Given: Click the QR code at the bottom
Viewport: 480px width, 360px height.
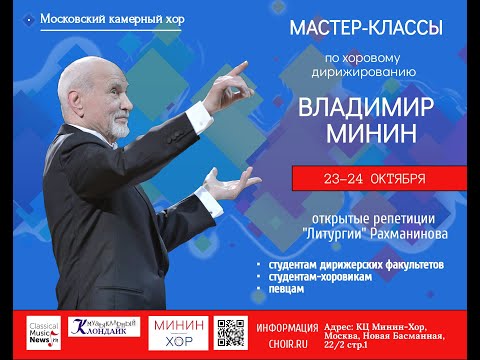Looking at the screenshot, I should (x=231, y=334).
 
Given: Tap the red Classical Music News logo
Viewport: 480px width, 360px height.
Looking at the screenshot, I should (x=45, y=334).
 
